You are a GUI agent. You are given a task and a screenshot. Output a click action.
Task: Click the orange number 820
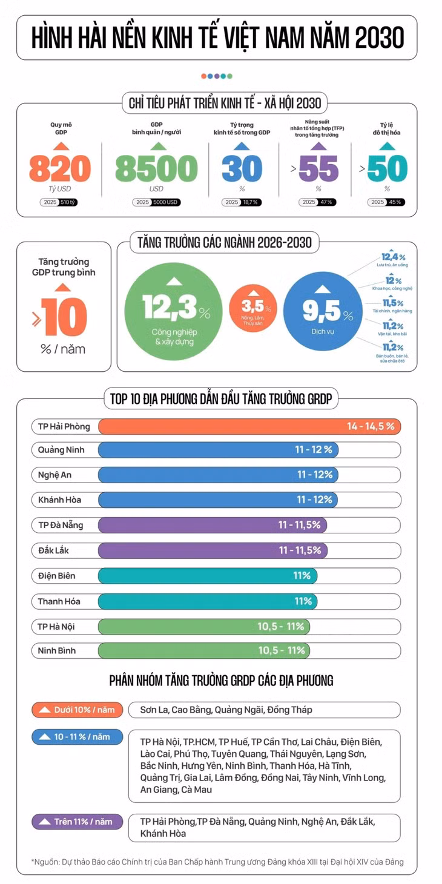tap(60, 168)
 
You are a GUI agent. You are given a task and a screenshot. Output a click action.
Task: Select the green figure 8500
tap(156, 168)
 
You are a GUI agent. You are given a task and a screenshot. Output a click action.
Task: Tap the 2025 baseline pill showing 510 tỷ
tap(58, 202)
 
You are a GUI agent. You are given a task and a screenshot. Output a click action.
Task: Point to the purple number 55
tap(318, 168)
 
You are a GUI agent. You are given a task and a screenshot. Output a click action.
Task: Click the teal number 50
tap(387, 168)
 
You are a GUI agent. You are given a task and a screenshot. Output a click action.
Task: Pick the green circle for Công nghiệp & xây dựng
tap(174, 311)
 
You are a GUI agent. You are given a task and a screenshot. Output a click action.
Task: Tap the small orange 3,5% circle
tap(253, 308)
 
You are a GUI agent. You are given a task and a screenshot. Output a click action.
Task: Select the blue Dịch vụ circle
tap(323, 311)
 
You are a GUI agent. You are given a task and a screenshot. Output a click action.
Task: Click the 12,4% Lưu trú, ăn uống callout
tap(392, 259)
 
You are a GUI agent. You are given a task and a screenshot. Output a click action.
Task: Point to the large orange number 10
tap(64, 317)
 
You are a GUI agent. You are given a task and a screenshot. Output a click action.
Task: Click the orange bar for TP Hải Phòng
tap(249, 427)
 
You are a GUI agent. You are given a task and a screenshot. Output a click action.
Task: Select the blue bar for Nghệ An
tap(218, 475)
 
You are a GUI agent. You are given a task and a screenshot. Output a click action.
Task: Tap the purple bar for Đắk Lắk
tap(213, 550)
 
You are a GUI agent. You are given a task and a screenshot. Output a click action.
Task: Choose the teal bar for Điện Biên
tap(208, 576)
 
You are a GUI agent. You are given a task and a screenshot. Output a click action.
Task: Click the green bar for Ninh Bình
tap(204, 651)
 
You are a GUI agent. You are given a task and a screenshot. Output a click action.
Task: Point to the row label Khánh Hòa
tap(59, 500)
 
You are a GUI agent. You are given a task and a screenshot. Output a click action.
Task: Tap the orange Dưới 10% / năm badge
tap(78, 710)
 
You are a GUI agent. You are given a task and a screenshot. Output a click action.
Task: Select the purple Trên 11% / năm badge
tap(78, 822)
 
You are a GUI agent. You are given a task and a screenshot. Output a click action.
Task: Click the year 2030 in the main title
tap(379, 38)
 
